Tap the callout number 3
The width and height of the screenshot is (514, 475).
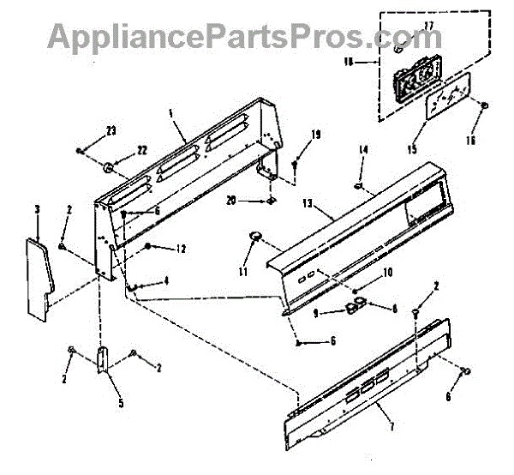point(37,209)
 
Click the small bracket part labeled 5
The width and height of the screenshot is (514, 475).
point(103,361)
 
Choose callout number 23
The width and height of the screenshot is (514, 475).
point(111,131)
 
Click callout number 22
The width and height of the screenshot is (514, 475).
point(142,150)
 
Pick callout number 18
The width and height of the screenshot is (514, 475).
point(371,63)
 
